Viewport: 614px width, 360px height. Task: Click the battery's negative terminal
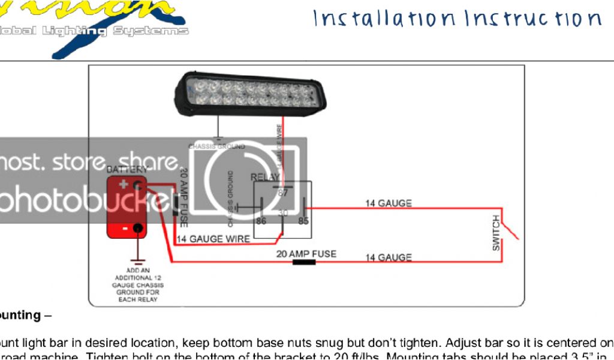(139, 228)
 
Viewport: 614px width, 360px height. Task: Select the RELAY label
(264, 177)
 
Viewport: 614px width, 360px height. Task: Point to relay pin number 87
(283, 193)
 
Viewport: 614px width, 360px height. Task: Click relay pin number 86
(261, 221)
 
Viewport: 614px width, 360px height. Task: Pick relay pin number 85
(303, 221)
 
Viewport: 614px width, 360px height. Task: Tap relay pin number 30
(283, 213)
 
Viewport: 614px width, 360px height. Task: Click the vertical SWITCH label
(496, 232)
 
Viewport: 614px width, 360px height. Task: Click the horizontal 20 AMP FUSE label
(306, 254)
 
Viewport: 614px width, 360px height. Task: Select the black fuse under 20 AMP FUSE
(304, 262)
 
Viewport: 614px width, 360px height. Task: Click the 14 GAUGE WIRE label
(213, 239)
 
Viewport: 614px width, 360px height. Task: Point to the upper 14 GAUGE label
(389, 203)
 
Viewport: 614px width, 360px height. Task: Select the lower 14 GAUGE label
(389, 257)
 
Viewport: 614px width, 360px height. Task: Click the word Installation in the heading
(384, 19)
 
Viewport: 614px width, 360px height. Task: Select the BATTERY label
(127, 170)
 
